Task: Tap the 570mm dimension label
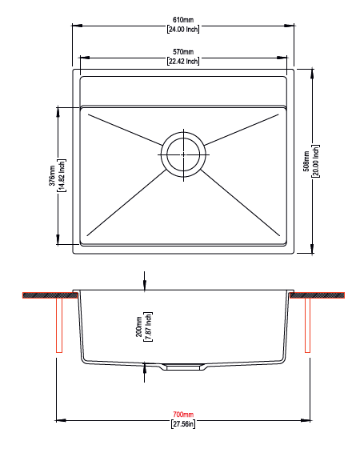click(183, 52)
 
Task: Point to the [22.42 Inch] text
click(183, 62)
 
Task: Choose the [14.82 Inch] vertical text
click(62, 176)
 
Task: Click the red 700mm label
click(183, 415)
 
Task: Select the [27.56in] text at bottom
click(183, 424)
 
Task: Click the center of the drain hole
click(183, 152)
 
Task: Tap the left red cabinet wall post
click(58, 327)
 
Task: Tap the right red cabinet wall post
click(308, 327)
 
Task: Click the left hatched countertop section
click(47, 297)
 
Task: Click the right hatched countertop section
click(319, 297)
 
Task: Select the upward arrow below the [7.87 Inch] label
click(144, 367)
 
